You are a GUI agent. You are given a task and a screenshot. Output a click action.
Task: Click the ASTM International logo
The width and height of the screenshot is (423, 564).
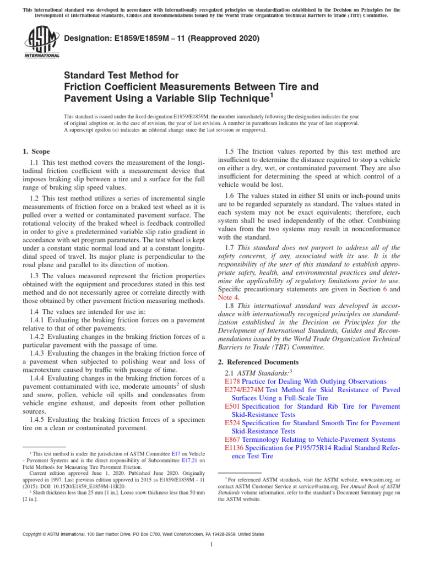tap(41, 44)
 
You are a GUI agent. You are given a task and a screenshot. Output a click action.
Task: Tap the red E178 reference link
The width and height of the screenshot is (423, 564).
tap(233, 381)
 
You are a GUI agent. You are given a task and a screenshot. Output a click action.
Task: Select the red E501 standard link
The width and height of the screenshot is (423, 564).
tap(233, 406)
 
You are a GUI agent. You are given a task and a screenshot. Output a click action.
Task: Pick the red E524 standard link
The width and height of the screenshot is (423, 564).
tap(233, 422)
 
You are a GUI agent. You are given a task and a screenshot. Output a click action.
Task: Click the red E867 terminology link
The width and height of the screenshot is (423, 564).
tap(233, 440)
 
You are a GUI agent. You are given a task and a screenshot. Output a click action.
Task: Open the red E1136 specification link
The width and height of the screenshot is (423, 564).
tap(235, 448)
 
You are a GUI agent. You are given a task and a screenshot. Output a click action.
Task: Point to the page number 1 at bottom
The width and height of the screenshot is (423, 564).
tap(211, 545)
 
